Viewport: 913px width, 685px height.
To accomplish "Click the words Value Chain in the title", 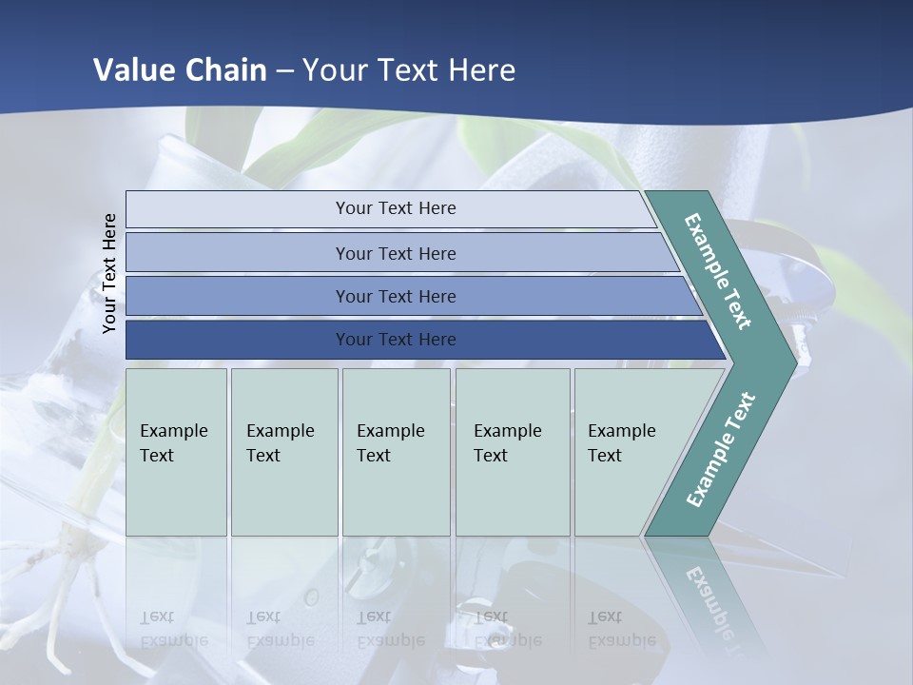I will (180, 70).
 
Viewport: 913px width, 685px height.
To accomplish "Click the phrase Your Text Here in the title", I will (409, 70).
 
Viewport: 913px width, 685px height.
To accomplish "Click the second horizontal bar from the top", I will (395, 253).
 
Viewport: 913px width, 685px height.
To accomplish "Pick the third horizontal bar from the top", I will (395, 296).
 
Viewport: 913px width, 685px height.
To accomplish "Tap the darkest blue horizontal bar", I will (395, 340).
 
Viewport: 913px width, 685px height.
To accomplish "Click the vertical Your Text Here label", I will (109, 273).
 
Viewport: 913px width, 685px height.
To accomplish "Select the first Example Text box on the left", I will (176, 452).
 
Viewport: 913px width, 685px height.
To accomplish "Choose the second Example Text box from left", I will (283, 452).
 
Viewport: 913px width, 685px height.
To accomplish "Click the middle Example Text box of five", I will (396, 452).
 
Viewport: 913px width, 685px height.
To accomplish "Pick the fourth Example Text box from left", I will (512, 452).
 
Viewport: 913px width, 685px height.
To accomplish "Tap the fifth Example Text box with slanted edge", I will (628, 452).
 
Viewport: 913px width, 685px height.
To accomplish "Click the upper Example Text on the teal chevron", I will (719, 271).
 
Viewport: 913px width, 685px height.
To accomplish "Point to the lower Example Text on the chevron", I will (720, 450).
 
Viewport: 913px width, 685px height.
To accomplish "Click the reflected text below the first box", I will (174, 629).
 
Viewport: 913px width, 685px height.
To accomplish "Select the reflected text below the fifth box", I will (621, 629).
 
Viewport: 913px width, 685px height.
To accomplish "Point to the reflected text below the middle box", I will (390, 629).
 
